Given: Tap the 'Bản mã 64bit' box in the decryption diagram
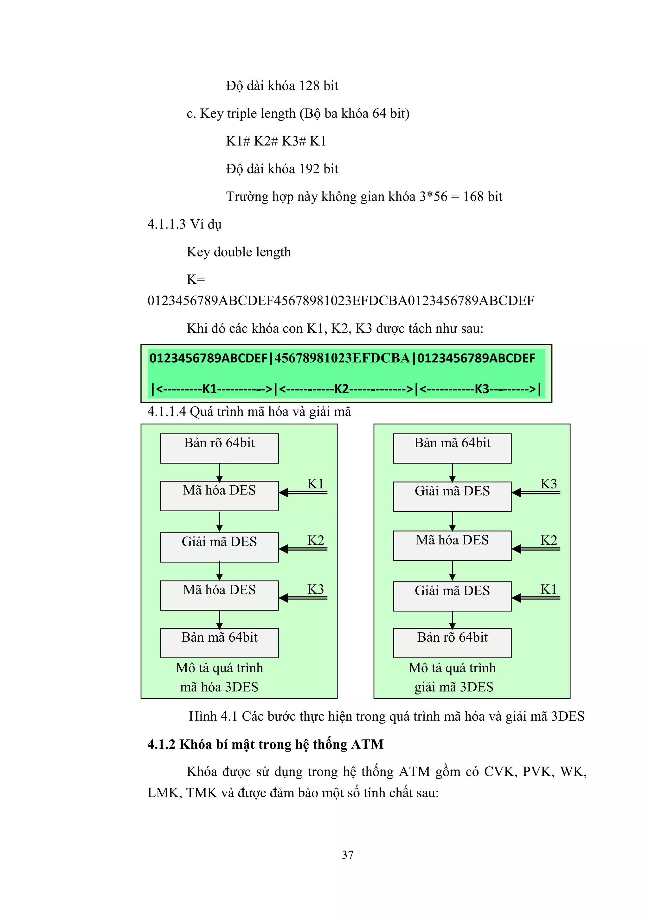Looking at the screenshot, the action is [452, 449].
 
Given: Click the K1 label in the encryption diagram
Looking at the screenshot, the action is [316, 484].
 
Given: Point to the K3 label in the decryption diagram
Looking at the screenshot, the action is [549, 484].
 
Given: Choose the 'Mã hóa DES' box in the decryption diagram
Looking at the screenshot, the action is [452, 546].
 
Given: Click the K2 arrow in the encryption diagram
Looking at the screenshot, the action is [303, 549].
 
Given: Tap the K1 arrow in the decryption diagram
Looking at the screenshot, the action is [536, 598].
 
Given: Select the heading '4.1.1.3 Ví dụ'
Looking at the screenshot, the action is [184, 224].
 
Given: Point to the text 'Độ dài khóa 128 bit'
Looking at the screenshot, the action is [282, 86].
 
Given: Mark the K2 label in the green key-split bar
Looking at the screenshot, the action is [342, 389].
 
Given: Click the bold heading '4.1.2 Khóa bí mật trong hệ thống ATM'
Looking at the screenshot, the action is [266, 744].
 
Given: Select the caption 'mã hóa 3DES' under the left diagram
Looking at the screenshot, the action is [219, 687].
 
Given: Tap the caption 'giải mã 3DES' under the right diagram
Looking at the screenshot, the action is [454, 687].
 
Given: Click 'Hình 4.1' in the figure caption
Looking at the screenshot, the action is [213, 716].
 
